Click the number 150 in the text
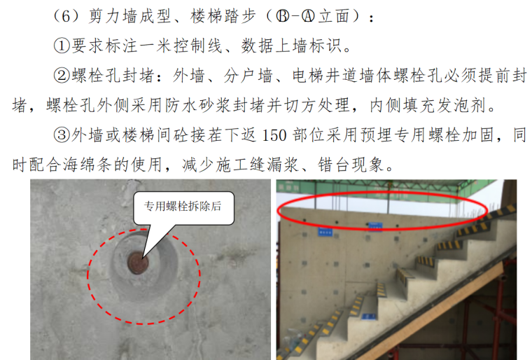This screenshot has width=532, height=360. pyautogui.click(x=274, y=135)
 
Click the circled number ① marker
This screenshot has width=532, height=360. pyautogui.click(x=62, y=46)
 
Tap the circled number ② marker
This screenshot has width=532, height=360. pyautogui.click(x=62, y=76)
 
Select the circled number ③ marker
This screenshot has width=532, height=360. pyautogui.click(x=62, y=135)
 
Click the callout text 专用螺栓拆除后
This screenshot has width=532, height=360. pyautogui.click(x=183, y=206)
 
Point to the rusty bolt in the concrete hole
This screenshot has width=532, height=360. pyautogui.click(x=138, y=263)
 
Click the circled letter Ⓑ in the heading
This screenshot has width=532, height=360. pyautogui.click(x=283, y=16)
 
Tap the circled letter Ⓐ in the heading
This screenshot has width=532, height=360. pyautogui.click(x=308, y=16)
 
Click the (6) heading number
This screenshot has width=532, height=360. pyautogui.click(x=66, y=16)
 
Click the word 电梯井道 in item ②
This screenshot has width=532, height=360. pyautogui.click(x=325, y=76)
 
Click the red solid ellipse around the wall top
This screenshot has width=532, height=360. pyautogui.click(x=381, y=193)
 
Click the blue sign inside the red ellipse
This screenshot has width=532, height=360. pyautogui.click(x=375, y=225)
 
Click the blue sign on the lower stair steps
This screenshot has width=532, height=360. pyautogui.click(x=369, y=316)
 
